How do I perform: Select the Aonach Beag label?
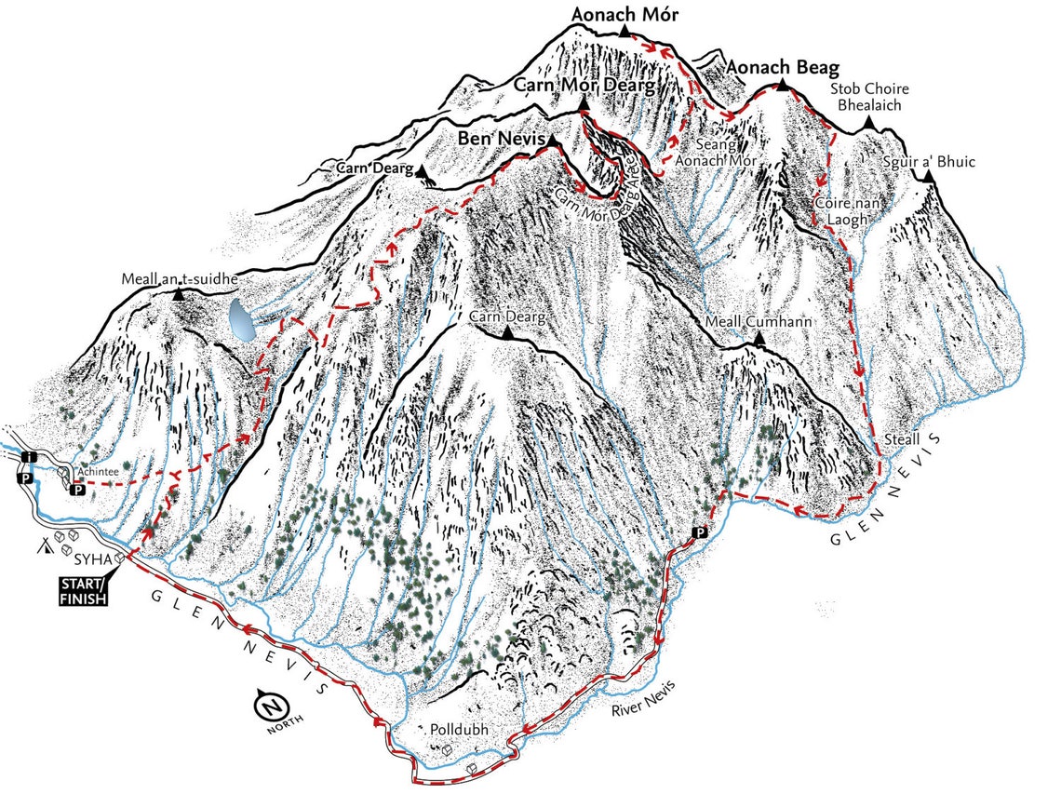click(784, 68)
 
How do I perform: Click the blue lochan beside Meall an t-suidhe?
click(243, 319)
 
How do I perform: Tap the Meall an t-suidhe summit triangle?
click(179, 293)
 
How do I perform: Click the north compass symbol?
click(269, 706)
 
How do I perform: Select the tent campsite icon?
click(45, 545)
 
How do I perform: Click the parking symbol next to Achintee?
click(80, 489)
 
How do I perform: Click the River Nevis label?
click(643, 699)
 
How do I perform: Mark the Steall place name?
click(904, 439)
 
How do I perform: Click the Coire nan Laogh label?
click(841, 210)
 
